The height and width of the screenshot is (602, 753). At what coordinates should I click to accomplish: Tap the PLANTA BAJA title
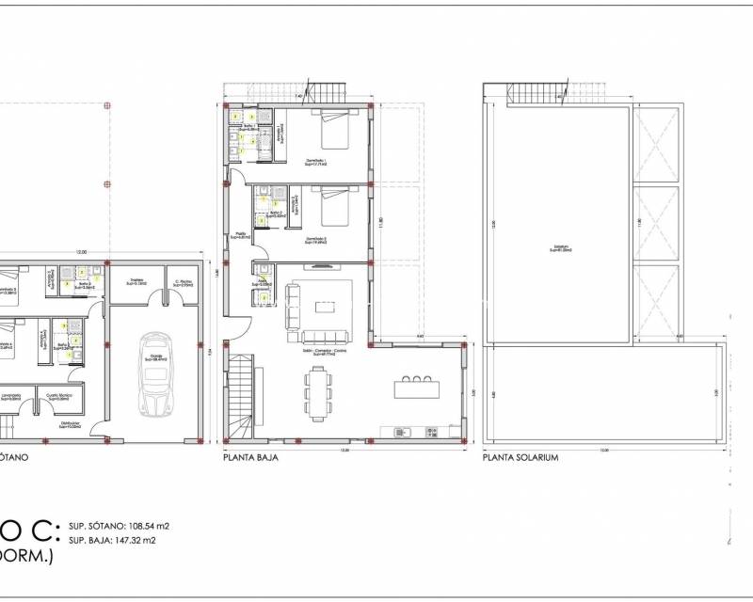coord(249,458)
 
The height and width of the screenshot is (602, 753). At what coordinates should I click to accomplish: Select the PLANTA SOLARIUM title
coord(521,458)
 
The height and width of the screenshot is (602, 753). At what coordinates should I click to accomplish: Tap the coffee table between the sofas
coord(324,307)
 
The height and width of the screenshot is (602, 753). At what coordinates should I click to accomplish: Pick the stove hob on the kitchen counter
coord(431,432)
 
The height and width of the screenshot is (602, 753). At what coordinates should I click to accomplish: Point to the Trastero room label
coord(136,281)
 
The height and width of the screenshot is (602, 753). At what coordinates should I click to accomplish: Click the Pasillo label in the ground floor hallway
coord(241,236)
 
